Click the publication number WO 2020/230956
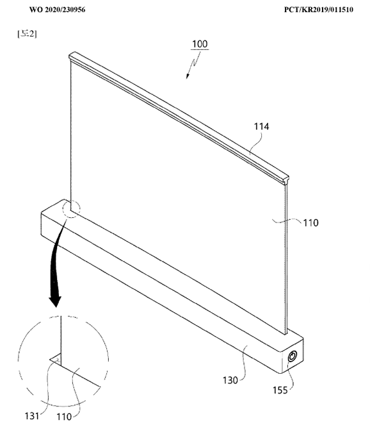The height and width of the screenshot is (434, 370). [x=57, y=10]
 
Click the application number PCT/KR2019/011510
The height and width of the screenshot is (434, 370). [x=319, y=10]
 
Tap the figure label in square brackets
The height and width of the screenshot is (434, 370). [x=27, y=34]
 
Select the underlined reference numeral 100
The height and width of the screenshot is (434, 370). [x=200, y=44]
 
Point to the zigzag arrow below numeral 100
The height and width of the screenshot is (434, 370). [x=193, y=65]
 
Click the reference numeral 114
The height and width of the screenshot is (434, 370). [x=261, y=126]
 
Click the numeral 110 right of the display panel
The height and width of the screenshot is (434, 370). [x=311, y=223]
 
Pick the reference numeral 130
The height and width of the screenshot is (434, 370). [x=230, y=380]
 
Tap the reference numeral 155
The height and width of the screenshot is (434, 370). [x=280, y=390]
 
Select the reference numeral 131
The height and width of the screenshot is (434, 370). [x=32, y=416]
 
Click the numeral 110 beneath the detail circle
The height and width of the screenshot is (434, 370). [x=64, y=417]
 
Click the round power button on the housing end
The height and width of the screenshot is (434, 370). [x=293, y=356]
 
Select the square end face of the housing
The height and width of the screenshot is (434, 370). [x=293, y=356]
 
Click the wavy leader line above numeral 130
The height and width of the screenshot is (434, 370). [x=243, y=363]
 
